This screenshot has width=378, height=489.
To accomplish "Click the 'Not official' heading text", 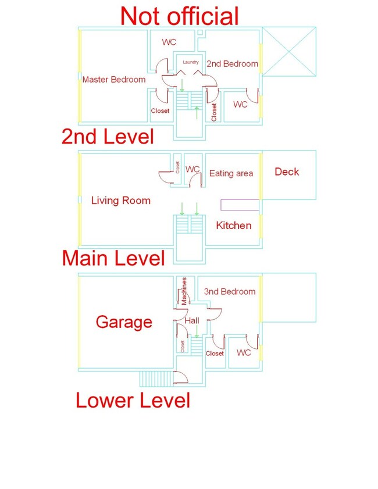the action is coord(179,16).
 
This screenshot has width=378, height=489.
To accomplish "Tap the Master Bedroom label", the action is coord(114,80).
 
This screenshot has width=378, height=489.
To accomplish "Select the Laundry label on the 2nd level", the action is coord(191,62).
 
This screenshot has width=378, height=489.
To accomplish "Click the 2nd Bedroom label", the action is coord(233,63).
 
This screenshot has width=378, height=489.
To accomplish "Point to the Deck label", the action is coord(287,172).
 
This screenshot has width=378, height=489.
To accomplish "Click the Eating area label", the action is coord(231,173).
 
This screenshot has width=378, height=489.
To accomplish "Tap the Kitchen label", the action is coord(234,225).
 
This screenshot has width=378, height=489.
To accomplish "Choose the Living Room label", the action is coord(121,200).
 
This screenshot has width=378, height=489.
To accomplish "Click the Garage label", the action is coord(124,322).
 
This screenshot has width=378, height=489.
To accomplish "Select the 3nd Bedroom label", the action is coord(230,291).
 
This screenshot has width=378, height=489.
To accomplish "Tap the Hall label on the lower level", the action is coord(192,320).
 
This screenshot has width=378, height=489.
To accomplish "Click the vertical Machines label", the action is coord(184,291).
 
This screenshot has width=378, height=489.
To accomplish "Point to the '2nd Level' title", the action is coord(108,136).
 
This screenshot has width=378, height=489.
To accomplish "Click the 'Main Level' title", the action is coord(113,258).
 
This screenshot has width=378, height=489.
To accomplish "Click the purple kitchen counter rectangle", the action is coord(240,205).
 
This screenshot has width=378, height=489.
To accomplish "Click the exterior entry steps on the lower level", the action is coord(156,378).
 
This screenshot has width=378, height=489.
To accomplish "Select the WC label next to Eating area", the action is coord(192,169).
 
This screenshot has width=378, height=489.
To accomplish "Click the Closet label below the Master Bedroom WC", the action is coord(160,110).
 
